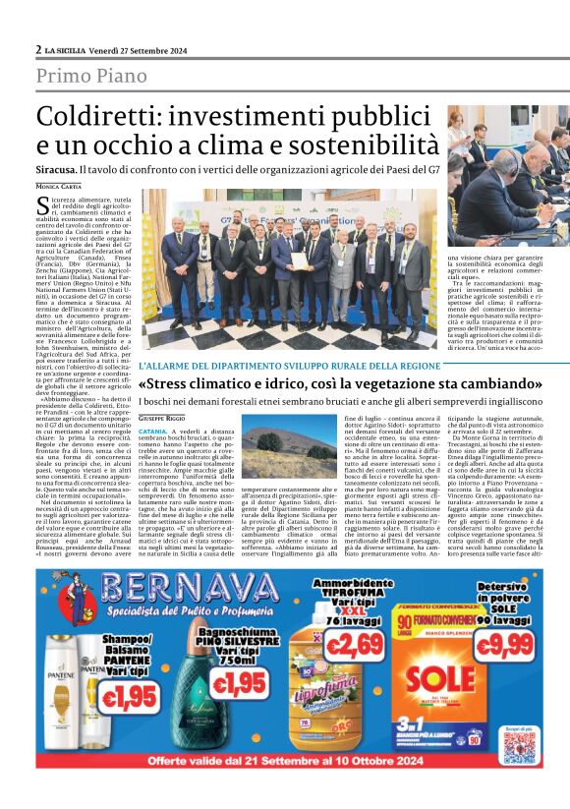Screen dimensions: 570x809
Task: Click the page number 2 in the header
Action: click(x=38, y=48)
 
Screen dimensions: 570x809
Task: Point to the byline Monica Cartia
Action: click(x=61, y=186)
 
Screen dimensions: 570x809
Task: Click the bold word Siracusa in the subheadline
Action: click(x=61, y=171)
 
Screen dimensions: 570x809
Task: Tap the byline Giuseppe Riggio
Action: click(x=161, y=418)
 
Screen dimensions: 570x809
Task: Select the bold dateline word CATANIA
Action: click(x=152, y=431)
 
